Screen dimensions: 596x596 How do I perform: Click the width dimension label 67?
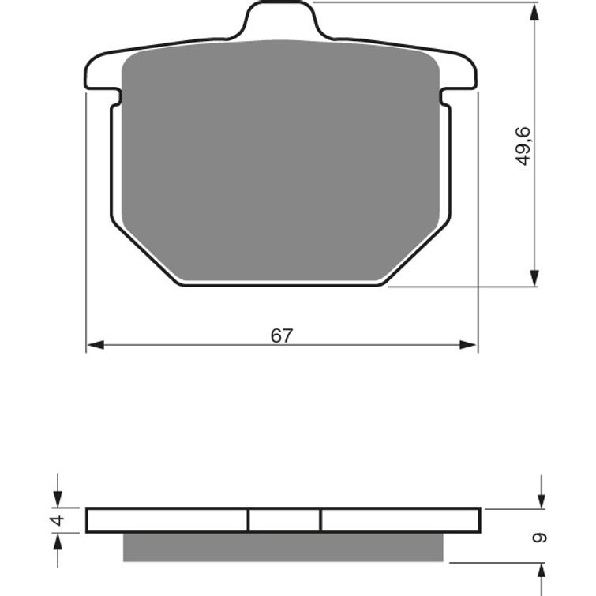282,335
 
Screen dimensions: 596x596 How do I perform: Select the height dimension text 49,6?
523,145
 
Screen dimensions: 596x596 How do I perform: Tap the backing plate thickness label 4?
55,520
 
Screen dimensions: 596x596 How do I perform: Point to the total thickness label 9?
540,538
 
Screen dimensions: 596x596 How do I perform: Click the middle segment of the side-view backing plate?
284,520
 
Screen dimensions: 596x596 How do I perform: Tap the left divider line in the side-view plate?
248,520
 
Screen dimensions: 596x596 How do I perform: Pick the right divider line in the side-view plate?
320,520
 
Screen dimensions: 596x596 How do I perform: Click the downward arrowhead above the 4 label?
56,499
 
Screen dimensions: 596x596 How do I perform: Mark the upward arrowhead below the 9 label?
541,572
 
